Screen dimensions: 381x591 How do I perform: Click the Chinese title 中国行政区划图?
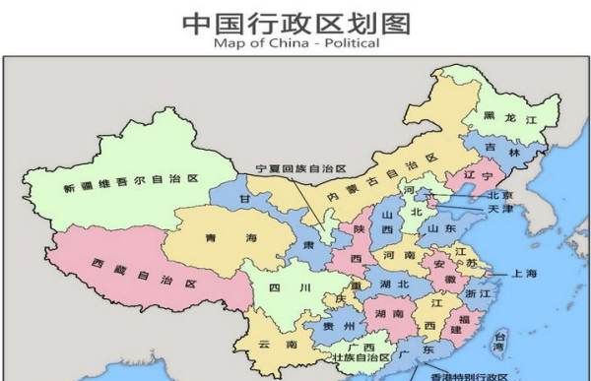coord(295,21)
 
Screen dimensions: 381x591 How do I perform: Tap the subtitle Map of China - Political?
coord(295,43)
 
